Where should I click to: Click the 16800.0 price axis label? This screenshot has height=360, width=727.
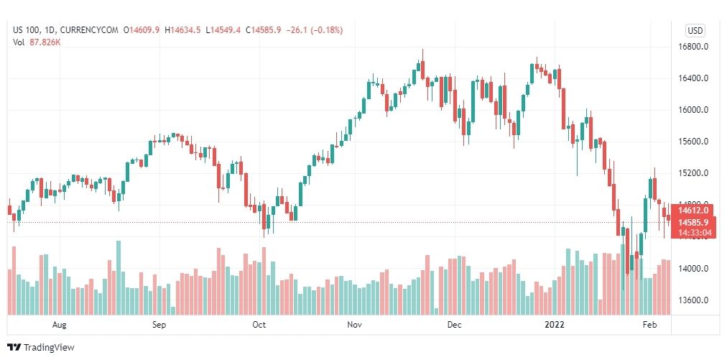pyautogui.click(x=695, y=47)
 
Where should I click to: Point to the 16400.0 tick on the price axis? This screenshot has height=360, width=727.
pyautogui.click(x=695, y=78)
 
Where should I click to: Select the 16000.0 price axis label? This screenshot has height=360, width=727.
pyautogui.click(x=695, y=110)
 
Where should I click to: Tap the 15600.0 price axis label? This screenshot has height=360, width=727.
pyautogui.click(x=695, y=142)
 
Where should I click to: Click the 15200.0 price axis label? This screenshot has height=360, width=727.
pyautogui.click(x=695, y=173)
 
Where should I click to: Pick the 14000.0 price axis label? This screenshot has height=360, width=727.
pyautogui.click(x=695, y=269)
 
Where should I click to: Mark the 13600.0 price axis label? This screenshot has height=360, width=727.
pyautogui.click(x=695, y=300)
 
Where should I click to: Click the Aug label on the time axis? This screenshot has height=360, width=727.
pyautogui.click(x=60, y=325)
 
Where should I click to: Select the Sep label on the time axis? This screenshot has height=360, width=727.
pyautogui.click(x=159, y=325)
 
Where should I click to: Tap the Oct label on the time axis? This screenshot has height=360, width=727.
pyautogui.click(x=259, y=325)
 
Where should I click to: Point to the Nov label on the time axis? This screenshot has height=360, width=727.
pyautogui.click(x=354, y=325)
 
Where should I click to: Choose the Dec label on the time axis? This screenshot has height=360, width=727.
pyautogui.click(x=453, y=325)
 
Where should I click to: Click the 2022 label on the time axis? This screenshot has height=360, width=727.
pyautogui.click(x=555, y=325)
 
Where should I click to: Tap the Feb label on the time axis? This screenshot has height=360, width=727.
pyautogui.click(x=649, y=325)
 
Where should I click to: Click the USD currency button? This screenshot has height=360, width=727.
pyautogui.click(x=695, y=30)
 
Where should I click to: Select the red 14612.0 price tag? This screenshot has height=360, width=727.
pyautogui.click(x=695, y=210)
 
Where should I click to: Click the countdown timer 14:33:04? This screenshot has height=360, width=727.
pyautogui.click(x=695, y=232)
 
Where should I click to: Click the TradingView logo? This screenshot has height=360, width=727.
pyautogui.click(x=42, y=348)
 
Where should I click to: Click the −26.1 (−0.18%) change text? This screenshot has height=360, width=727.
pyautogui.click(x=314, y=30)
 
